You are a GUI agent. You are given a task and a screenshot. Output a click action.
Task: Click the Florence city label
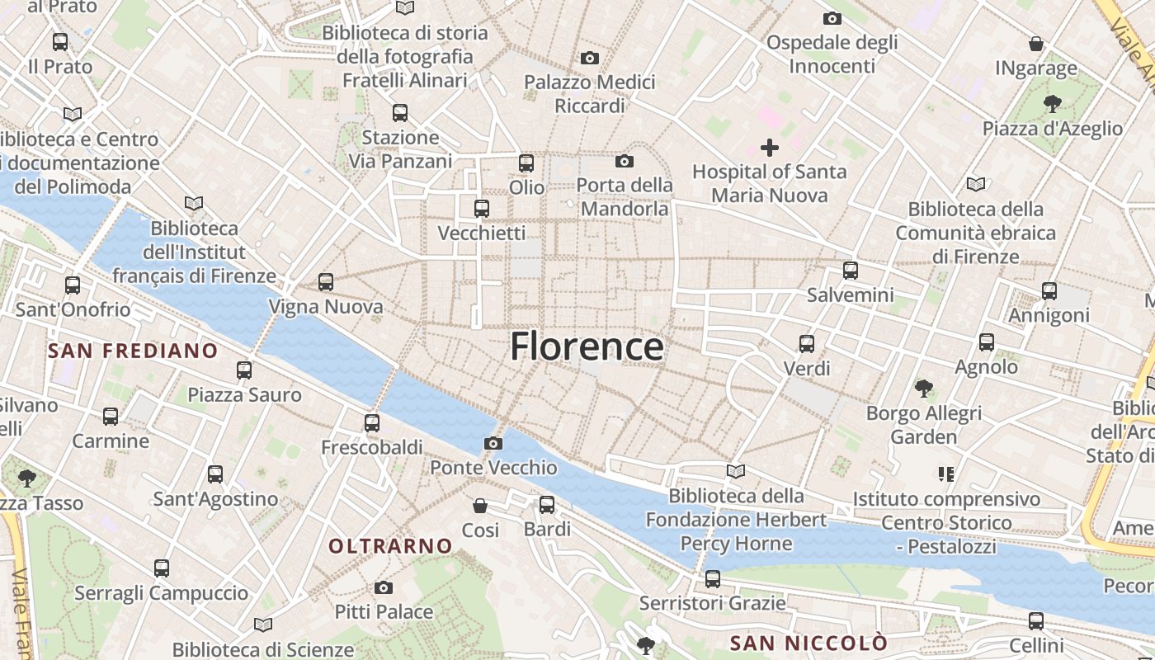point(587,346)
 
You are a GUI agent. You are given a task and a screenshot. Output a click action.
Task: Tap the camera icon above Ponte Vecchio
point(493,444)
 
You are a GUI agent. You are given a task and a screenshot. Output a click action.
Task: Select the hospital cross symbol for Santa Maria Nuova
point(770,148)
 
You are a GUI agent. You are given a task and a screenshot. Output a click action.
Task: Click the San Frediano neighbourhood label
point(133,351)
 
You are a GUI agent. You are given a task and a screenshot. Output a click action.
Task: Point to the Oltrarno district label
point(391,546)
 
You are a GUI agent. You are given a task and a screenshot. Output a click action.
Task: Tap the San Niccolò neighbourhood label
point(808,643)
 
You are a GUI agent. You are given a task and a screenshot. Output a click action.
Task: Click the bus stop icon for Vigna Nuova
point(326,282)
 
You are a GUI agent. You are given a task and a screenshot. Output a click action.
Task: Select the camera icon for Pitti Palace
point(383,588)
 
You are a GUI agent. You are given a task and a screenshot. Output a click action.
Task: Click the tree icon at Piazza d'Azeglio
point(1052,104)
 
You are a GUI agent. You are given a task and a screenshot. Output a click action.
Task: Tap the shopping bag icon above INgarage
point(1036,44)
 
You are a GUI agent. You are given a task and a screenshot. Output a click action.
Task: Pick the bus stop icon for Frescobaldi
point(372,423)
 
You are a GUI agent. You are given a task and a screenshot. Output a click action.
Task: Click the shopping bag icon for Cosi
point(480,506)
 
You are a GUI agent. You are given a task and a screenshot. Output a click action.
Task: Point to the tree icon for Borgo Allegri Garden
point(923,388)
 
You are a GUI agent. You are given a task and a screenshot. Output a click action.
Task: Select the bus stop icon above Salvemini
point(851,270)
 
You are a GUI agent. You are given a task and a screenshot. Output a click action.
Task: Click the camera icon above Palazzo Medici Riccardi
point(589,58)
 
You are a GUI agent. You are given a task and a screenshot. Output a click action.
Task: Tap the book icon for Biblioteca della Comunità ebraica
point(976,184)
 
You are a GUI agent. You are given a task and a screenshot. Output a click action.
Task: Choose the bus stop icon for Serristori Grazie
point(713,579)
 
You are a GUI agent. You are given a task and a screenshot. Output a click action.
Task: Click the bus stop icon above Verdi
point(807,343)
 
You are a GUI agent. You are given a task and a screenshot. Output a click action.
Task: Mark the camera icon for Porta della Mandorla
point(625,161)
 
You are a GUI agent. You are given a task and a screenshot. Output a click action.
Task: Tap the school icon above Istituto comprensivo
point(946,474)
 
